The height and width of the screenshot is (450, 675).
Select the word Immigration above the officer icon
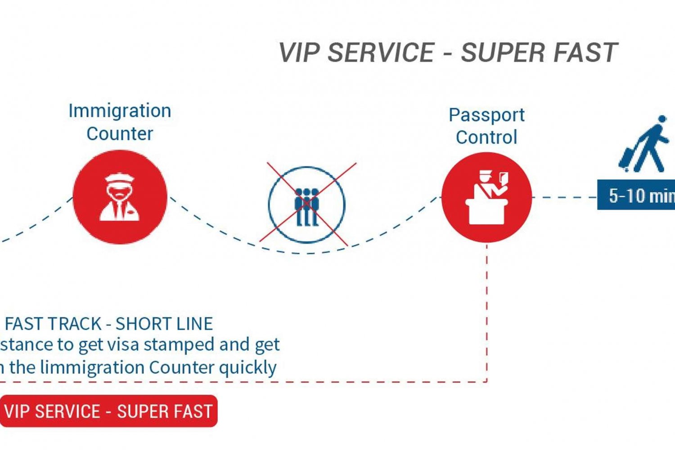pyautogui.click(x=120, y=111)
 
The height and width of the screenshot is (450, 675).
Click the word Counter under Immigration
pyautogui.click(x=120, y=134)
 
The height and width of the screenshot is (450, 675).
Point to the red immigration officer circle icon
pyautogui.click(x=120, y=197)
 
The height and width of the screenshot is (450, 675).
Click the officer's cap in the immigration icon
pyautogui.click(x=119, y=178)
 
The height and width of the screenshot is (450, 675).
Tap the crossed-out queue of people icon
pyautogui.click(x=307, y=205)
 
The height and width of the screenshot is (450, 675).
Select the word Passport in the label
pyautogui.click(x=486, y=116)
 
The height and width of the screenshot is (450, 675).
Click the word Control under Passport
pyautogui.click(x=486, y=138)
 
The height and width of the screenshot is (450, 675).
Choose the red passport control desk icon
pyautogui.click(x=486, y=197)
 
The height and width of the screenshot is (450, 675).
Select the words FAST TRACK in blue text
pyautogui.click(x=53, y=324)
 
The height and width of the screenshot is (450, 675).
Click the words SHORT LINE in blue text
pyautogui.click(x=164, y=324)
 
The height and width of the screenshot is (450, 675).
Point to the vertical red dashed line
pyautogui.click(x=487, y=315)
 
